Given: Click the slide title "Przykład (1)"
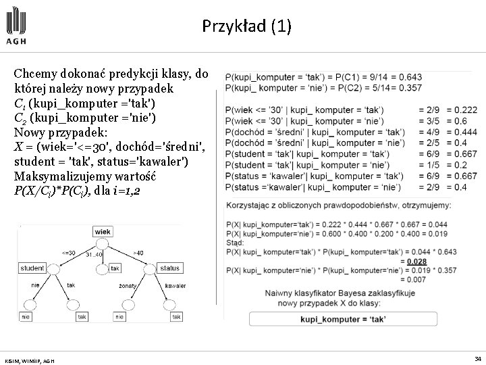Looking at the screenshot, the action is tap(246, 26).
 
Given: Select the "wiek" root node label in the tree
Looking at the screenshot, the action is tap(103, 231).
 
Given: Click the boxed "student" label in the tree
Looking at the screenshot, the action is tap(32, 268).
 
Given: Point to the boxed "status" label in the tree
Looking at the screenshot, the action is tap(170, 268).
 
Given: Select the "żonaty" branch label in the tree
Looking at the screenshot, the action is tap(127, 286).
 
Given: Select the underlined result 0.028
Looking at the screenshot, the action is tap(417, 261).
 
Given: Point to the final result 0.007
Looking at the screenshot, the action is tap(417, 279).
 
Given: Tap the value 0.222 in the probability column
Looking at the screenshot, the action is tap(465, 109).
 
